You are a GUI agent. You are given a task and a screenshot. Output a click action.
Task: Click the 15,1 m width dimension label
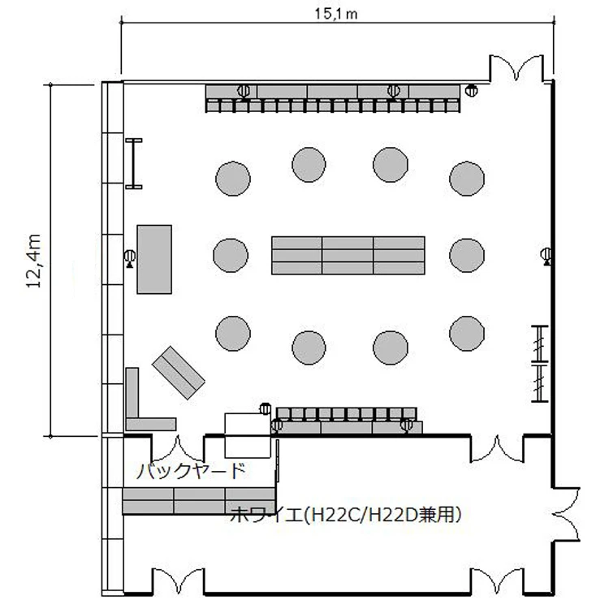coord(336,14)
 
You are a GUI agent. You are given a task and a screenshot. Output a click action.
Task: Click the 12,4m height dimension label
coord(34,261)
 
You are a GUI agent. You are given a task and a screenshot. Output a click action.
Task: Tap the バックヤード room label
coord(192,471)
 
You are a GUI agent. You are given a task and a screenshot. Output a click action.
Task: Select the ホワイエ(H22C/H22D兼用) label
coord(346,515)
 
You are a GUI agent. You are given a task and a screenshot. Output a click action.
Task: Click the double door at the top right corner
coord(516,69)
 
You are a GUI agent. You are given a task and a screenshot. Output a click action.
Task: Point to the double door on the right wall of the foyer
coord(566,514)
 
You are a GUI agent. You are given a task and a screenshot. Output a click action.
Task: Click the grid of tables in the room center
coord(348,255)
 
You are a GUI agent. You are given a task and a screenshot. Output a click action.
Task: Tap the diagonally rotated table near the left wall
coord(179,373)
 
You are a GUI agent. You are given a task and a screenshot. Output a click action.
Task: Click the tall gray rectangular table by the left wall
coord(154,259)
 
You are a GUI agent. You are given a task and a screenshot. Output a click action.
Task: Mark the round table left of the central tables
coord(231,255)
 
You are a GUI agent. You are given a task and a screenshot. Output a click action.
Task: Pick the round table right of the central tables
coord(467,255)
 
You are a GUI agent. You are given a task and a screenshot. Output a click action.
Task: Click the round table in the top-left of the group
coord(233,179)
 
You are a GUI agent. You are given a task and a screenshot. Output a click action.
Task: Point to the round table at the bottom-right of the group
coord(467,333)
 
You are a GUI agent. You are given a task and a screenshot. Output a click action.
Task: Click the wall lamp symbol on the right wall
coord(546,256)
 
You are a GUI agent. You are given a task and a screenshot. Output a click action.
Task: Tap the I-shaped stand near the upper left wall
coord(134,163)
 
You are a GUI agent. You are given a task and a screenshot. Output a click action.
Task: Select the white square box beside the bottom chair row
coord(248,436)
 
